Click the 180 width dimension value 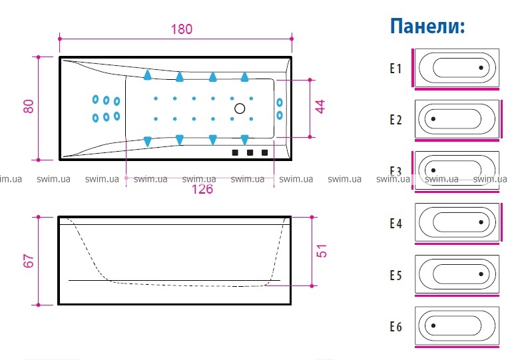coord(181,29)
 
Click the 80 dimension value coord(28,106)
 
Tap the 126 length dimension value coord(202,189)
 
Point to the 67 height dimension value coord(28,260)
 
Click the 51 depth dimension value coord(322,251)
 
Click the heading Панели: coord(427,26)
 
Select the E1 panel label coord(396,68)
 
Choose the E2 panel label coord(396,120)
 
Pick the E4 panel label coord(396,224)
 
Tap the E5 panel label coord(396,274)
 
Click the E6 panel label coord(396,326)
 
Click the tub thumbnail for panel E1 coord(457,68)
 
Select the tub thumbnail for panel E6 coord(457,326)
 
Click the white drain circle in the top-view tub coord(240,108)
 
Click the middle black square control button coord(250,153)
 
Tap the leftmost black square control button coord(235,153)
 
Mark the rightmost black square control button coord(265,153)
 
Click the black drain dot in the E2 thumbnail coord(433,119)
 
